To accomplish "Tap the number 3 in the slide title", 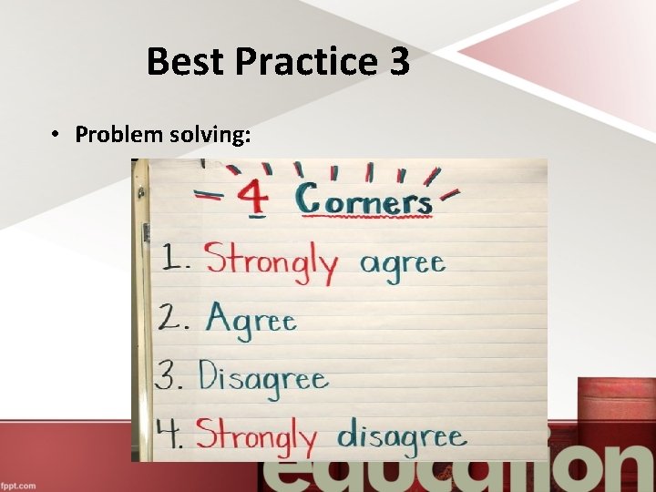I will [398, 62].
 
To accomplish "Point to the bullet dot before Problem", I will [56, 135].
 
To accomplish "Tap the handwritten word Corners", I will [364, 200].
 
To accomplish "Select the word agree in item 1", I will [402, 263].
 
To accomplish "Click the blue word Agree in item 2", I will [251, 319].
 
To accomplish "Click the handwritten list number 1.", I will [174, 261].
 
